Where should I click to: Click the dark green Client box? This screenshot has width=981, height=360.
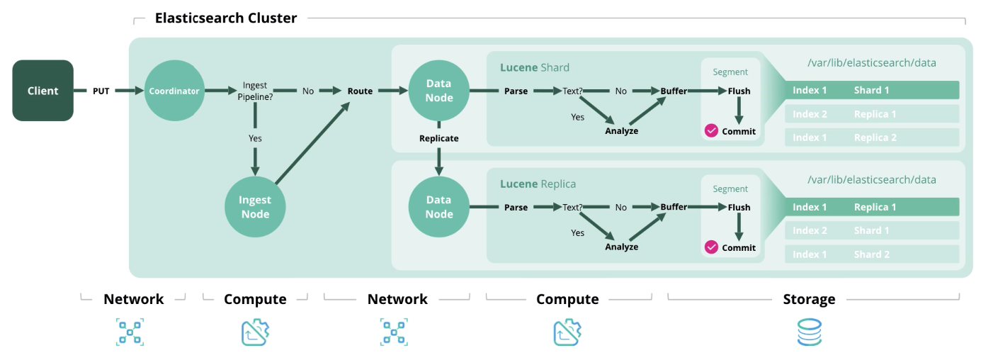coord(42,91)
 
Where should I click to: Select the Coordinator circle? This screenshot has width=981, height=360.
coord(174,91)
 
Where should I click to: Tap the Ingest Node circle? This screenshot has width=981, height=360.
coord(255,207)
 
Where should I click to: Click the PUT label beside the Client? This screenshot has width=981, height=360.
coord(101,91)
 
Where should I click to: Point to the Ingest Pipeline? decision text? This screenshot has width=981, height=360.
coord(254,91)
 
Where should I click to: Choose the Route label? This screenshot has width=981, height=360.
coord(360,91)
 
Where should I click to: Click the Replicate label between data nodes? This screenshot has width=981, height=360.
coord(439,138)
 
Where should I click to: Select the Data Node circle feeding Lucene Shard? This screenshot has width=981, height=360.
coord(439,91)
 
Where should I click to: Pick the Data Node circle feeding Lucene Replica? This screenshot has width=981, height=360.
coord(439,207)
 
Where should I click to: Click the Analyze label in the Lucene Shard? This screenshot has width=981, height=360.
coord(621,131)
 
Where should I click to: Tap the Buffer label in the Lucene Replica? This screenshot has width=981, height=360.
coord(674,207)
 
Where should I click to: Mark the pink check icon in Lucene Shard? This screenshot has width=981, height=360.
coord(711,131)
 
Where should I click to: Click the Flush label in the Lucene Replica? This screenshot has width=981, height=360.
coord(739,208)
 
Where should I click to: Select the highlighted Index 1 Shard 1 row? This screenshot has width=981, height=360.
coord(871,90)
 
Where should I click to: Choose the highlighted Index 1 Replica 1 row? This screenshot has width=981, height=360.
coord(871,207)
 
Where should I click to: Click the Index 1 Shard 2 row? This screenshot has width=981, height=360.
coord(871,254)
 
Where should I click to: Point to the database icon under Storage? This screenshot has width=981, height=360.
coord(809,332)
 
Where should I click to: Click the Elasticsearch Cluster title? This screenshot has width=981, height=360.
coord(226,18)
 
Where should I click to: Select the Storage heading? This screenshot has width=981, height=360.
coord(809,299)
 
